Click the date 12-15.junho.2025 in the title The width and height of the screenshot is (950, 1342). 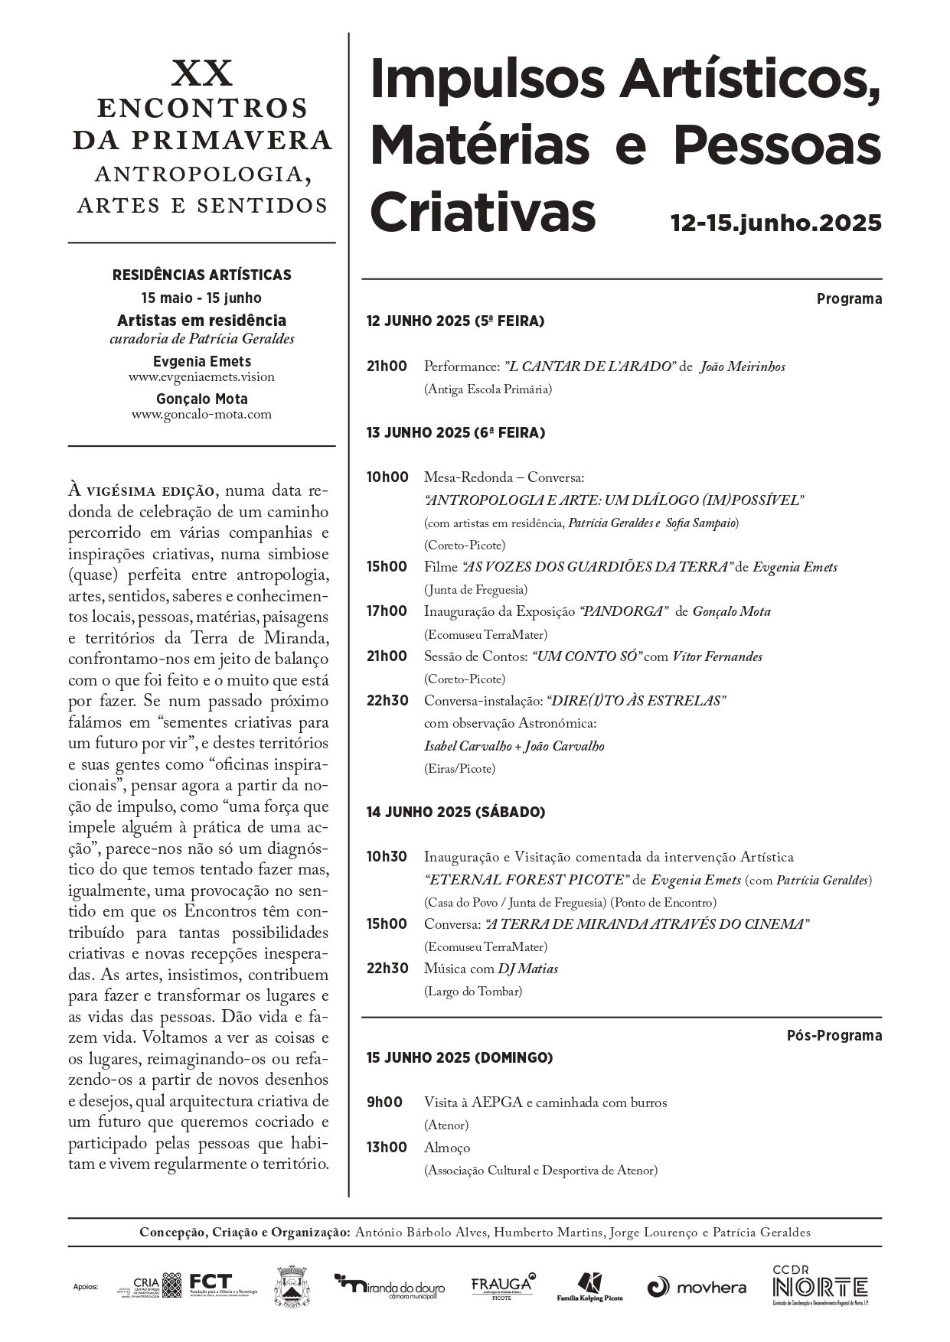[x=775, y=223]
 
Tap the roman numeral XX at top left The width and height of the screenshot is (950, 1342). [x=202, y=74]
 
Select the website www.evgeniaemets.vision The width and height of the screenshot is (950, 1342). [x=201, y=377]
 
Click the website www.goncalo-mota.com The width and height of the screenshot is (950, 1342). [x=201, y=415]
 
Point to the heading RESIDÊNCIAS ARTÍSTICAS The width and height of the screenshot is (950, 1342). [x=201, y=275]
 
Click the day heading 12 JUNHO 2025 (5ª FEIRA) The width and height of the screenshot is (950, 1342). [x=455, y=321]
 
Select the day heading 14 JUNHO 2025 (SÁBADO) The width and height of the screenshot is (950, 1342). [x=455, y=813]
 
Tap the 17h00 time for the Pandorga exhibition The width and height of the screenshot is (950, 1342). [x=387, y=611]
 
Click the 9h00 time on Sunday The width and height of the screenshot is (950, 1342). [x=384, y=1103]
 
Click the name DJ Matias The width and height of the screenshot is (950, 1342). [x=527, y=969]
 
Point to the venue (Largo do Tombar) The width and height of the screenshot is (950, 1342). [x=473, y=992]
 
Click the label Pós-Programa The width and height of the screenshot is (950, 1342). [x=834, y=1036]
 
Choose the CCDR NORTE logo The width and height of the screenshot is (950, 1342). [x=820, y=1286]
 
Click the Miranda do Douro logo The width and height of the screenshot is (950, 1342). [x=390, y=1286]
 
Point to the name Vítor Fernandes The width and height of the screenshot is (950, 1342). [x=717, y=656]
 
